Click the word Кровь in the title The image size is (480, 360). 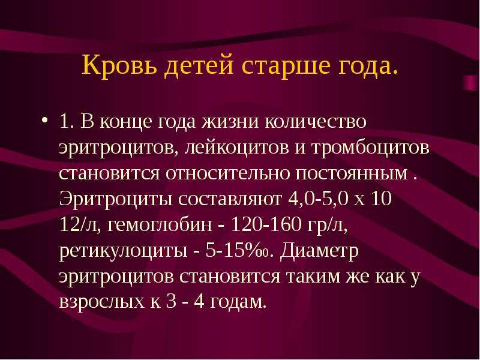point(121,65)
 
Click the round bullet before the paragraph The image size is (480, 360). point(44,119)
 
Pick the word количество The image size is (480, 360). point(316,121)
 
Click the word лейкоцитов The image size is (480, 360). point(237,148)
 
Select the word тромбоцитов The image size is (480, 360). point(370,148)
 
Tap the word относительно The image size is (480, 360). point(228,173)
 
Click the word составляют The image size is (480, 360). point(230,199)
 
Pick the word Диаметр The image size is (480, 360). point(319,250)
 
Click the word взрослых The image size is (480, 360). point(101,302)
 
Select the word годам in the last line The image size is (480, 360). point(237,302)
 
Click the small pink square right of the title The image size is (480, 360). point(471,83)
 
